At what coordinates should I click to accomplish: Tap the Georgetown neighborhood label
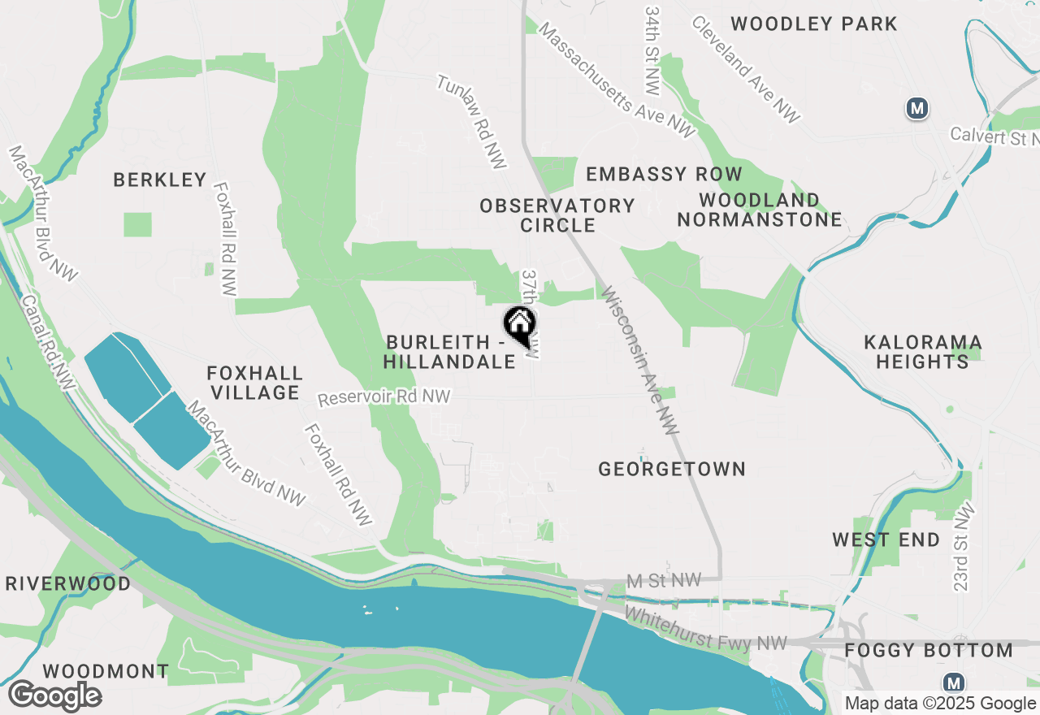point(672,469)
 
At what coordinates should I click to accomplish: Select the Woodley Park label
point(814,24)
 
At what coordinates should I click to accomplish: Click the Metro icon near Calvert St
point(917,107)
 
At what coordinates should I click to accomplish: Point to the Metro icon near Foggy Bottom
point(954,682)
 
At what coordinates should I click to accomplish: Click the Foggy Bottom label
point(929,651)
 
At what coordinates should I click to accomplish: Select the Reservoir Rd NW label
point(383,397)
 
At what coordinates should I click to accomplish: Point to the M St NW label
point(664,581)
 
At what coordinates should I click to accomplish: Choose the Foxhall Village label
point(254,383)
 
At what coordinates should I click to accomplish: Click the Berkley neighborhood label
point(160,180)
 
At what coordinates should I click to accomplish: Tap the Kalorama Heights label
point(923,351)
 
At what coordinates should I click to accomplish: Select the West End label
point(886,539)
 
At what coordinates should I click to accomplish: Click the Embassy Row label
point(664,174)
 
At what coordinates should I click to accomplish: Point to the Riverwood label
point(68,583)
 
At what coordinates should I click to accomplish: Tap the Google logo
point(55,695)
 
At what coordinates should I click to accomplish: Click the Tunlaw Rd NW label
point(472,122)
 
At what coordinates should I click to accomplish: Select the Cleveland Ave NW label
point(746,69)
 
